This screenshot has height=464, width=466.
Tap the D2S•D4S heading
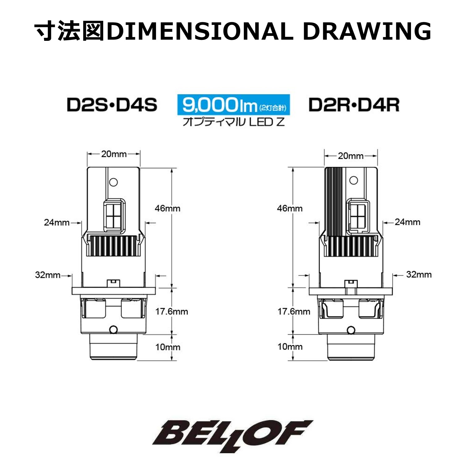coord(112,105)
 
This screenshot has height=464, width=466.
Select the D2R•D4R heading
coord(354,105)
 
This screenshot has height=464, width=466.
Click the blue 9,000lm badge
coord(233,105)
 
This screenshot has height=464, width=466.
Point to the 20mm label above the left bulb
coord(114,154)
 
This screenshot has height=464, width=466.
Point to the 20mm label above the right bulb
coord(350,156)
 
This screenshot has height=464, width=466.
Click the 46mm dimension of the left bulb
coord(167,208)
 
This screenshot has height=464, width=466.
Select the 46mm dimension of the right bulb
coord(290,208)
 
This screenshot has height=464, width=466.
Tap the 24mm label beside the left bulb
coord(57,222)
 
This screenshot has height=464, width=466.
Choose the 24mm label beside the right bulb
coord(407,222)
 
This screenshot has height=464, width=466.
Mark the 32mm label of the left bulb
coord(48,275)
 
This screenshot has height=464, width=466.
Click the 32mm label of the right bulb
coord(418,274)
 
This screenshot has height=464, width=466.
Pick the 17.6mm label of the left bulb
coord(172,311)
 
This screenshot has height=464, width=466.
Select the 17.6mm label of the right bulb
coord(294,311)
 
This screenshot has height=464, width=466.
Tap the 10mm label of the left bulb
coord(167,347)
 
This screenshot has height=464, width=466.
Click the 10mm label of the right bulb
coord(290,347)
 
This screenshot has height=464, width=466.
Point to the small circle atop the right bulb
coord(353,180)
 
